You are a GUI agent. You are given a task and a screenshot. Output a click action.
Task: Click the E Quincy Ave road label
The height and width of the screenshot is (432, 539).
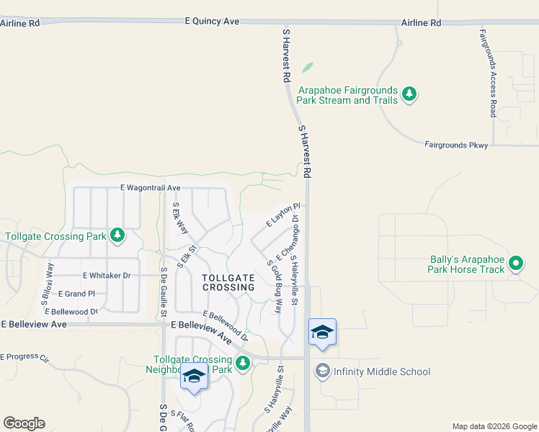pos(212,22)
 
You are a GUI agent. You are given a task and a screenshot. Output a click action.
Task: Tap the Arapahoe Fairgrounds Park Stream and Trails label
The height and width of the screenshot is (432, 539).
pos(347,95)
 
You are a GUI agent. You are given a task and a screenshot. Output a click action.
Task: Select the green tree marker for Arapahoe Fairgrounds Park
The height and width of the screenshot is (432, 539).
pos(409,94)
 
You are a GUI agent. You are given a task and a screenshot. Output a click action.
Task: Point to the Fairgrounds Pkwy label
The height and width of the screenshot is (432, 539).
pos(456,145)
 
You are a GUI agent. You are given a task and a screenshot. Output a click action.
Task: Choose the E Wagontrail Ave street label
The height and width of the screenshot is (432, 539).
pos(151,188)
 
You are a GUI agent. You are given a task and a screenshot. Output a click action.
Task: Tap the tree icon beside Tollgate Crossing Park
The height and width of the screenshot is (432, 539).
pos(117,235)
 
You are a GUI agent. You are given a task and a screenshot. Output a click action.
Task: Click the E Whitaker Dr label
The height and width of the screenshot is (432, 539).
pos(107,276)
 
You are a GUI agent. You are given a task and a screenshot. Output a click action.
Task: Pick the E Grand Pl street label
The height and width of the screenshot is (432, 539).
pos(76,294)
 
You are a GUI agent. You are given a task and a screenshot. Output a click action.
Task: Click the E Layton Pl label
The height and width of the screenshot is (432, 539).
pos(282,215)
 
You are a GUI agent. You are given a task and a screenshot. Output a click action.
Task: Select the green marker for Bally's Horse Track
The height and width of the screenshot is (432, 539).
pos(516,264)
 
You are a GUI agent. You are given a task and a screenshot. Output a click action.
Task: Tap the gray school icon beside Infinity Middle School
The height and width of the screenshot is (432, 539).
pos(322,372)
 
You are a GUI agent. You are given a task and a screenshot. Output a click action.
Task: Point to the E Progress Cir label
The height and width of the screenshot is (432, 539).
pos(24,357)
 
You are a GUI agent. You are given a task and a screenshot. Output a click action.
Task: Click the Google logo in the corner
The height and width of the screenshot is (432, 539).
pos(24,423)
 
